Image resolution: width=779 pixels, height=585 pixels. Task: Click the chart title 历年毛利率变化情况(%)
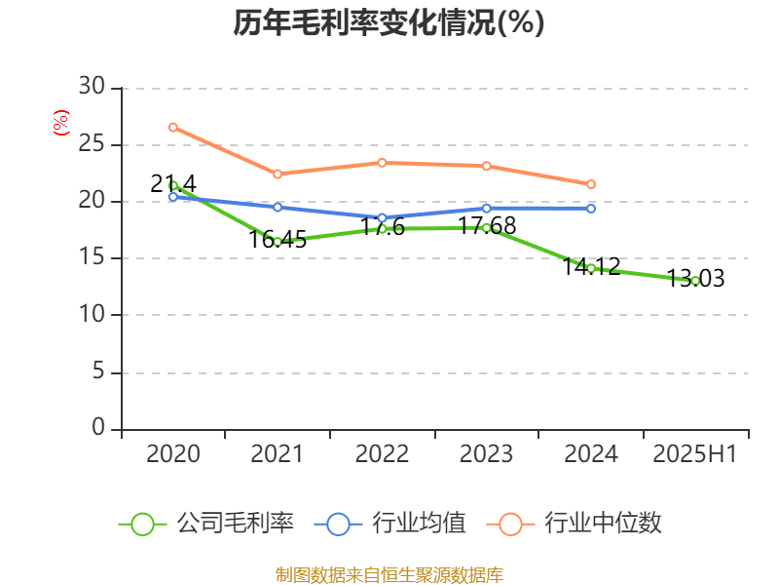(x=389, y=23)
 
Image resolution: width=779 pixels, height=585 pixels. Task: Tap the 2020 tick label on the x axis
(x=172, y=453)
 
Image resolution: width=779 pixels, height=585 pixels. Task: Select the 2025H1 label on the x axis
(x=694, y=453)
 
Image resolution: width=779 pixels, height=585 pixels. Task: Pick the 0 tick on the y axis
(x=97, y=428)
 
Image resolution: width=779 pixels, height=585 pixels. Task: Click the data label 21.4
(x=173, y=183)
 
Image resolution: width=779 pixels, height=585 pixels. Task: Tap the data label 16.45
(x=278, y=240)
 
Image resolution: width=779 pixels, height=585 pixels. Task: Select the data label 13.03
(x=695, y=279)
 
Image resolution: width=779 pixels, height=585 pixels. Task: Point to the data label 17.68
(x=487, y=226)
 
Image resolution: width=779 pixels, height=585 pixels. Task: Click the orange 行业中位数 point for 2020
(x=172, y=127)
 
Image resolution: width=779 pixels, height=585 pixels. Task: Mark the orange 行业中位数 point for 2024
(x=591, y=184)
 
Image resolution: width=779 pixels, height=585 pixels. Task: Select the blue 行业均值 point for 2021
(x=278, y=207)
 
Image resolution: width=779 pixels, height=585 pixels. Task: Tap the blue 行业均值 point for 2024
(x=591, y=209)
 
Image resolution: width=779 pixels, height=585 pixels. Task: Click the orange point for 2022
(x=382, y=163)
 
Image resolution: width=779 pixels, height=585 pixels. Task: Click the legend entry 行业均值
(x=389, y=524)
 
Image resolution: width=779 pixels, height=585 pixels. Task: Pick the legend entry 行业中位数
(x=580, y=524)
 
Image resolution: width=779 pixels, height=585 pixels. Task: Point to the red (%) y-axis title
(x=61, y=123)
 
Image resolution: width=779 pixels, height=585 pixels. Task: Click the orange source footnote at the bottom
(x=389, y=574)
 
